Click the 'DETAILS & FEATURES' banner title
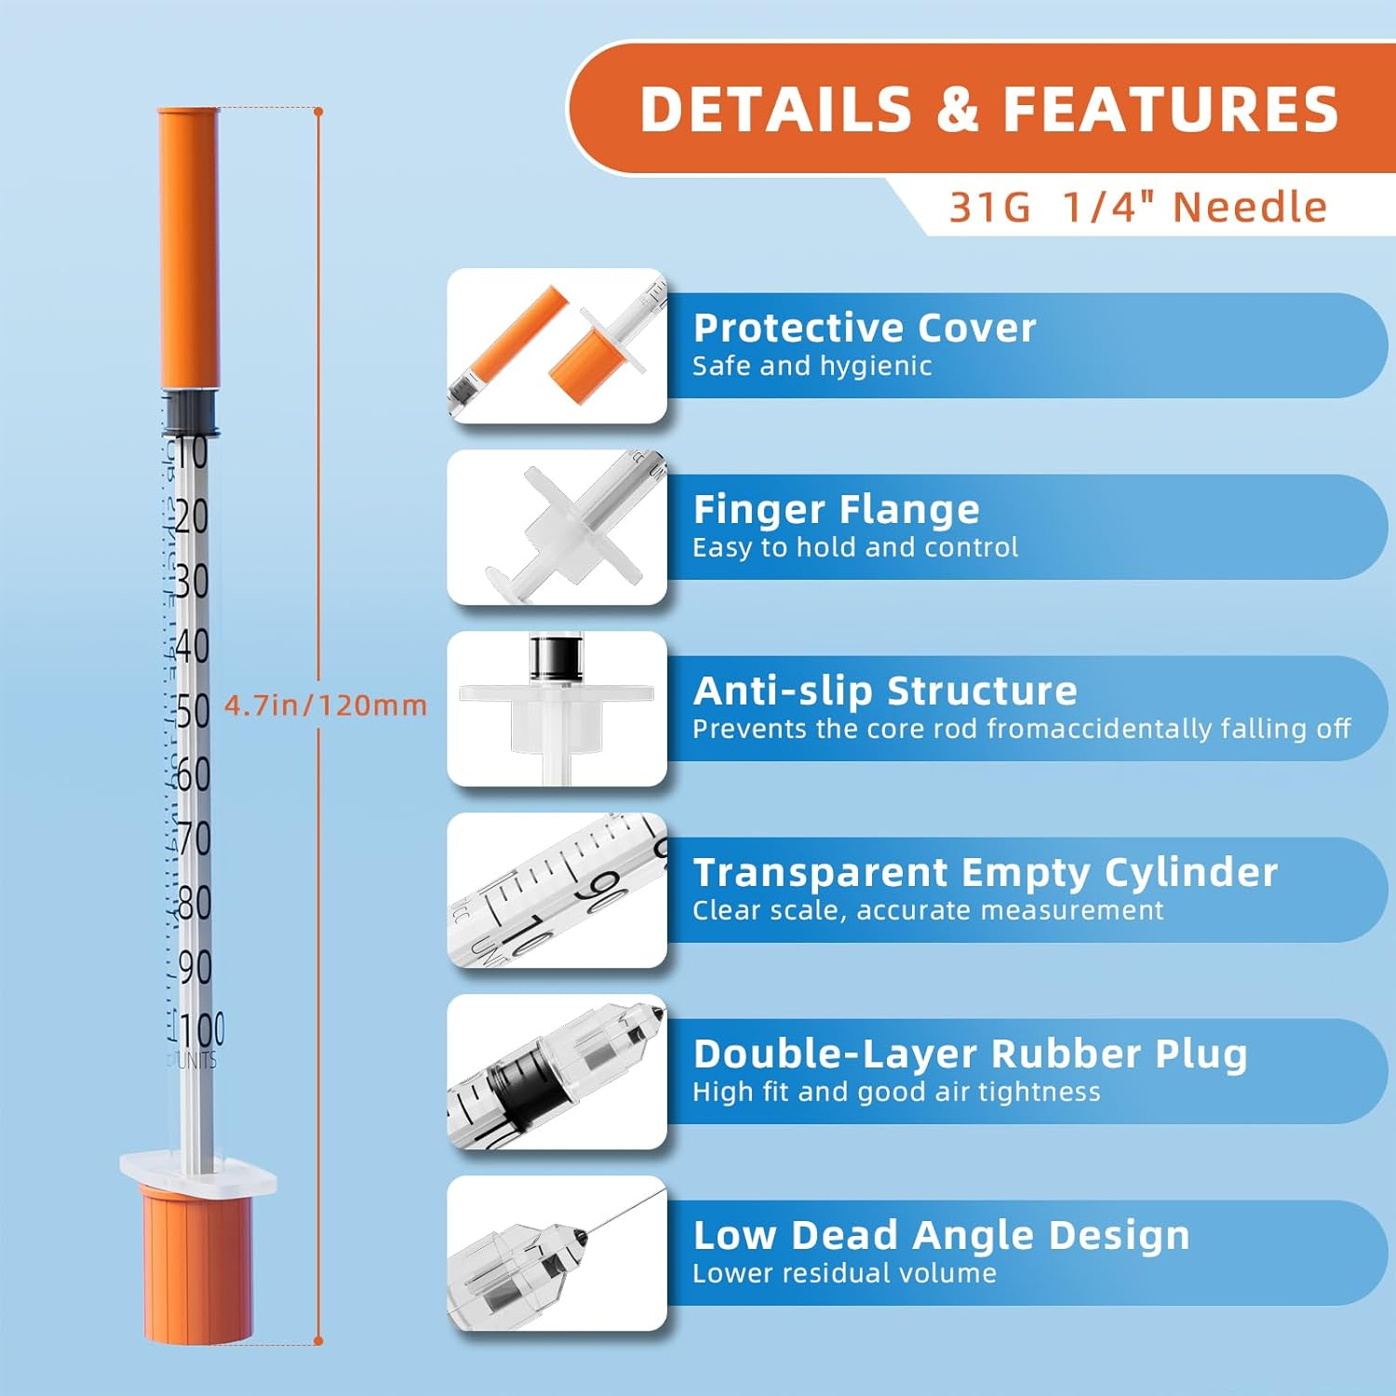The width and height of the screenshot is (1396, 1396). tap(988, 109)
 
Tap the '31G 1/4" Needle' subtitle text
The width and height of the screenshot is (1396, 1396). tap(1137, 207)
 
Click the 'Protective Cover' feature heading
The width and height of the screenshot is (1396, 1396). tap(865, 328)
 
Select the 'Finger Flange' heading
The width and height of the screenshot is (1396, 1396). tap(836, 509)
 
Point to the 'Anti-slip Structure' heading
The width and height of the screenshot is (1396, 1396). tap(885, 691)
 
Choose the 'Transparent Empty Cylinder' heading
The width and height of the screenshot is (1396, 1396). tap(986, 872)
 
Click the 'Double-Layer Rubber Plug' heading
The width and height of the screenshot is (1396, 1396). tap(970, 1054)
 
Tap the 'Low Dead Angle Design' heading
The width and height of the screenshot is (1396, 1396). tap(941, 1235)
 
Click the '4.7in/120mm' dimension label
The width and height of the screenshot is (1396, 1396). tap(326, 705)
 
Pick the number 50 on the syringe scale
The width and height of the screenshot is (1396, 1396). tap(193, 711)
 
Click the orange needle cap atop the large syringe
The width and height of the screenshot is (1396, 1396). tap(189, 247)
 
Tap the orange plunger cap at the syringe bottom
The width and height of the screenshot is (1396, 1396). tap(196, 1266)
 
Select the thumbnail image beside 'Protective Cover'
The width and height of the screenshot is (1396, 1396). tap(557, 346)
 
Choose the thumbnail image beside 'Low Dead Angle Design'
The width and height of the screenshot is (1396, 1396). tap(557, 1253)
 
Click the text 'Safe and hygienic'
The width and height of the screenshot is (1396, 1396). tap(812, 366)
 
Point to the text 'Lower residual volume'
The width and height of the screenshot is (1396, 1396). tap(844, 1273)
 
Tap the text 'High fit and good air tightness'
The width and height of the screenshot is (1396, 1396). tap(896, 1092)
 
